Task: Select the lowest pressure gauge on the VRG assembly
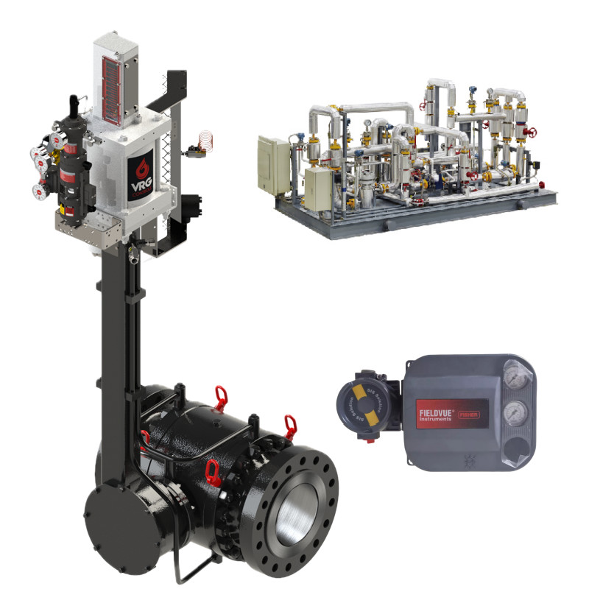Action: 38,192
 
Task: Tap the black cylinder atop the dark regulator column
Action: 74,108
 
